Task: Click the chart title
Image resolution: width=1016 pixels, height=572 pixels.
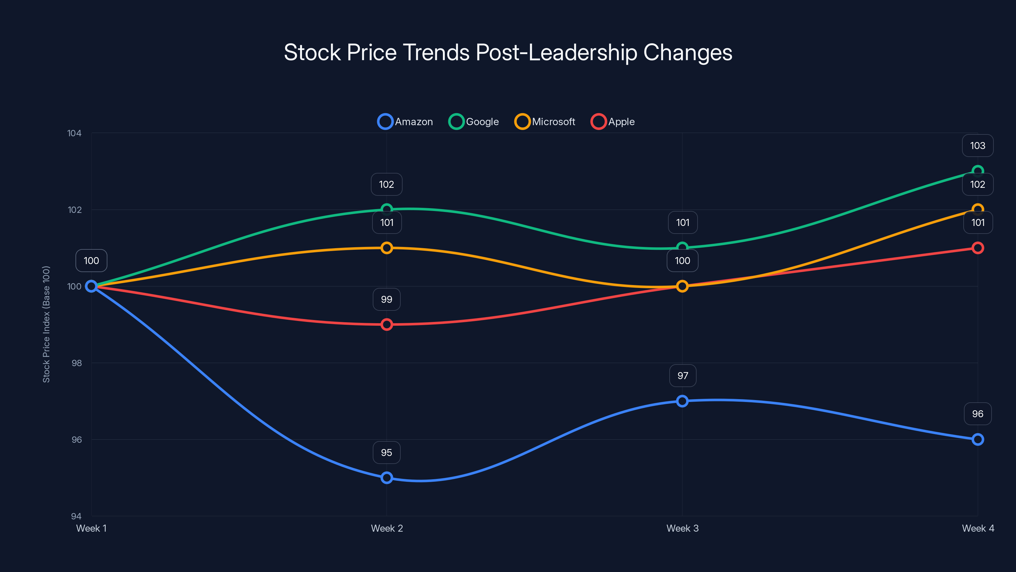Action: [508, 52]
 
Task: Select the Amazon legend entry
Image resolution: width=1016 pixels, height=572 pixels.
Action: [405, 122]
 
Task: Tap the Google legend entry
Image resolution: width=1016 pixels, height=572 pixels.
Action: [474, 122]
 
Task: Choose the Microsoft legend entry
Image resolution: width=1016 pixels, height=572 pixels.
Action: [545, 122]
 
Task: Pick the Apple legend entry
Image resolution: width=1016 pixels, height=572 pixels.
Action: [612, 122]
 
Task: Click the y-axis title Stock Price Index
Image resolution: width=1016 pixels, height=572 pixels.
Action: [46, 324]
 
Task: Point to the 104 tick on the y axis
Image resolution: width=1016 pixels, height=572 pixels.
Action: [74, 133]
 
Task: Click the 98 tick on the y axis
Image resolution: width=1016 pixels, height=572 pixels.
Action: [77, 363]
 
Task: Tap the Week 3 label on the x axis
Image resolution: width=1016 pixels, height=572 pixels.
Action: [682, 528]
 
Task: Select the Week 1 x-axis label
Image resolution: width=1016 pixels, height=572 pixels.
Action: [91, 528]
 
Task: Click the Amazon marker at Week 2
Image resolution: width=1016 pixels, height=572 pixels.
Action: [386, 478]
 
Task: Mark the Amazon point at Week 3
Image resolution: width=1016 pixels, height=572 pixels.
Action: [682, 401]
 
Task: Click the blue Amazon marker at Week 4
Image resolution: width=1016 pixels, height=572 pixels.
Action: [977, 439]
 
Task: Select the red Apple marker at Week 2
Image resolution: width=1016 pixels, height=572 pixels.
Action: [386, 324]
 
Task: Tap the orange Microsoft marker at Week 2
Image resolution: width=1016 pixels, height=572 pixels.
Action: [386, 248]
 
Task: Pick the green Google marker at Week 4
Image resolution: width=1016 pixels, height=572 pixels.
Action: [977, 171]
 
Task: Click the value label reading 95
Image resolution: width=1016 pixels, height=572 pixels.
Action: [386, 453]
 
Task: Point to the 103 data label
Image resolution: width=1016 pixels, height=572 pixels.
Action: [977, 146]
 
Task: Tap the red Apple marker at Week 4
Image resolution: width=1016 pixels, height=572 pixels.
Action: [977, 248]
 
